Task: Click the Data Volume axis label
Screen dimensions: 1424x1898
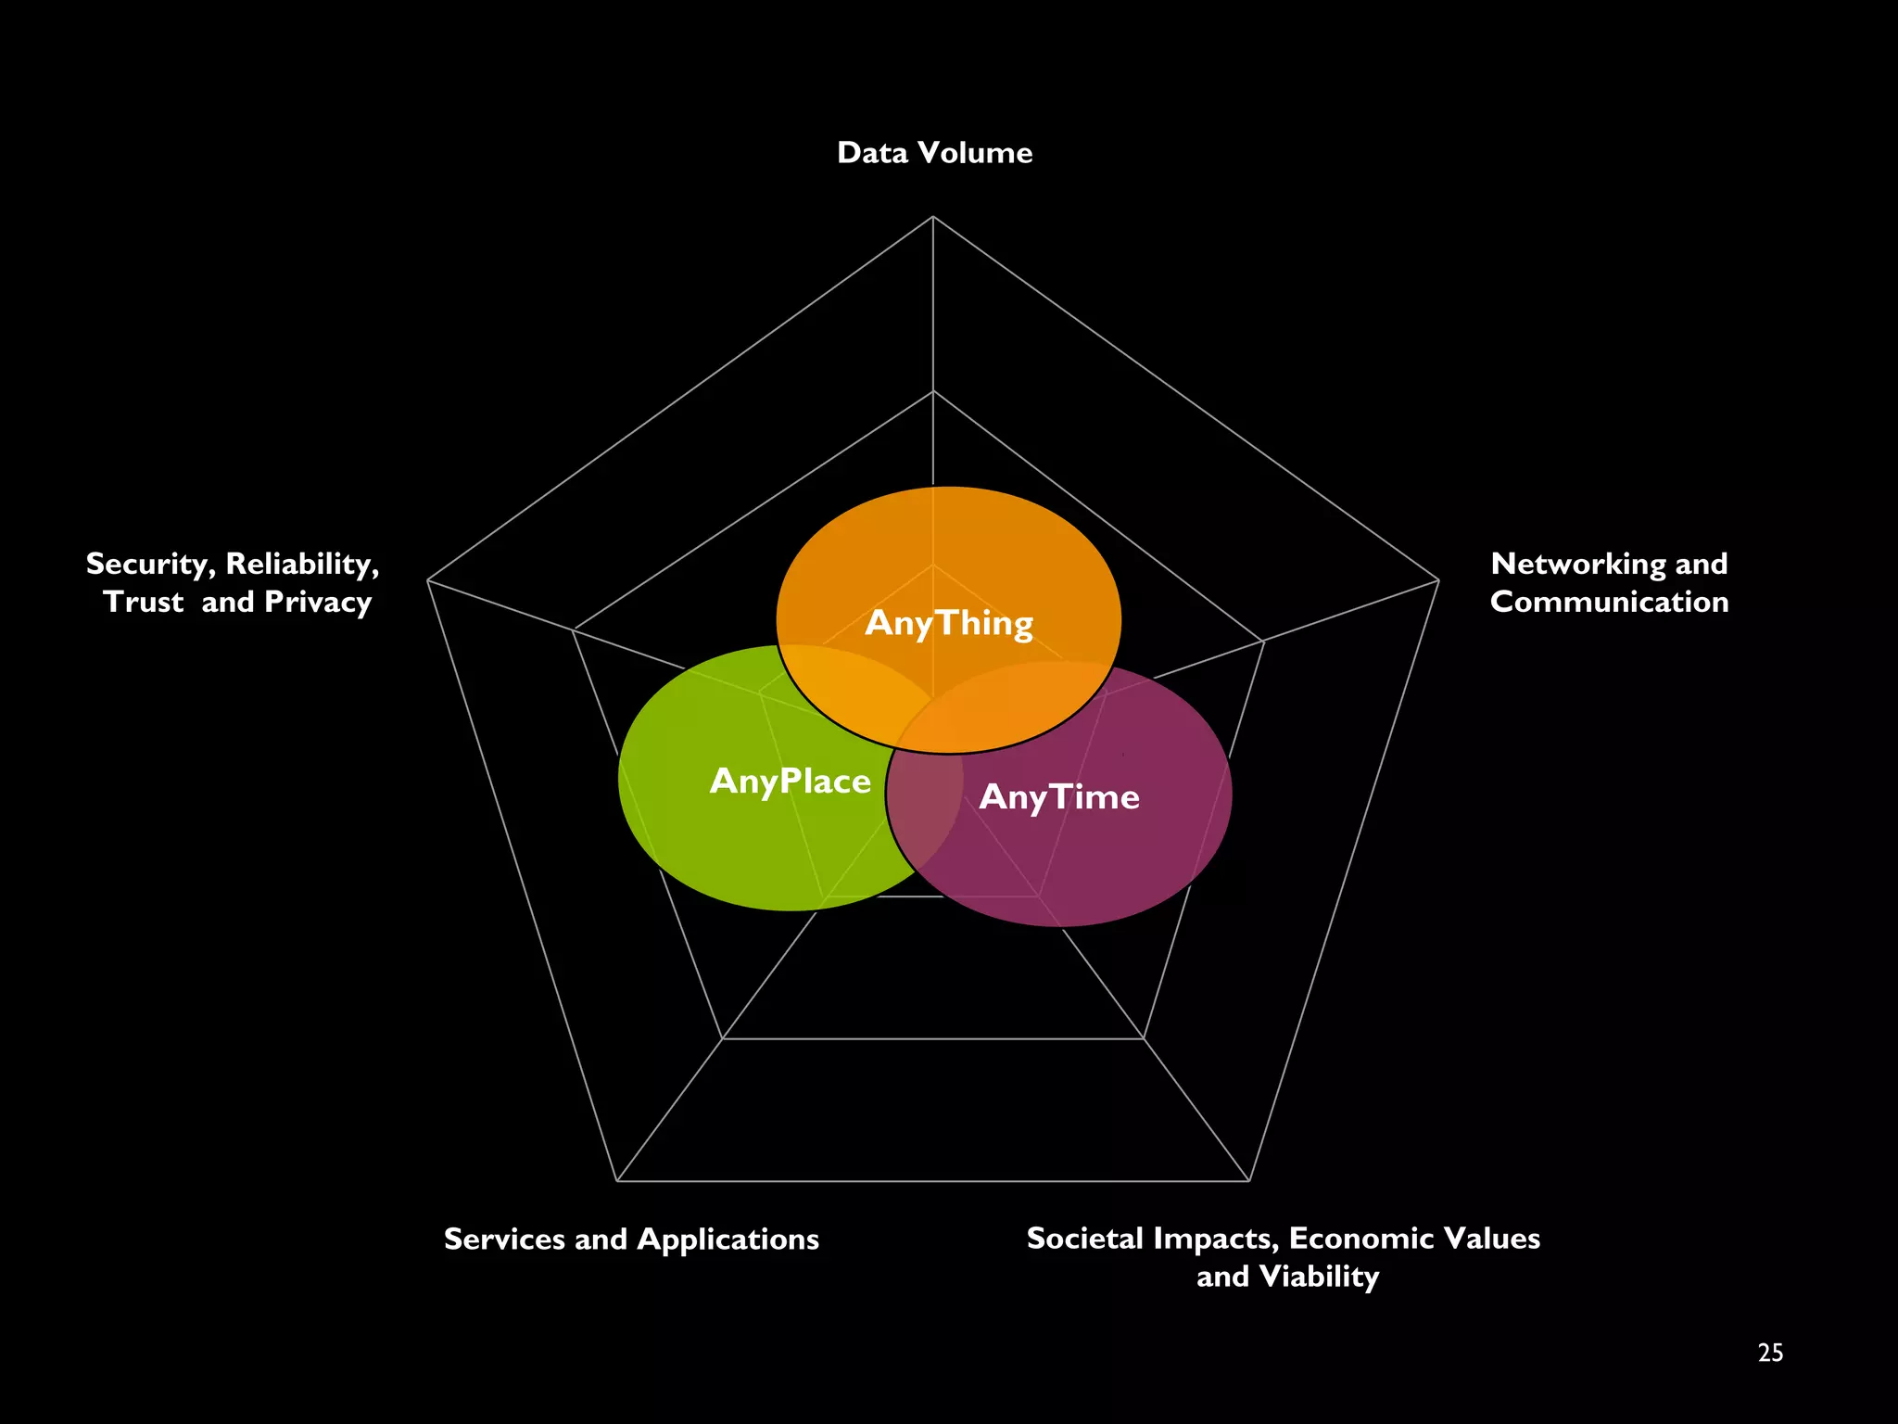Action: (934, 153)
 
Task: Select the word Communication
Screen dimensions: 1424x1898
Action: (1609, 602)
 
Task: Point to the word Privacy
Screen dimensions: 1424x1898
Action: (318, 603)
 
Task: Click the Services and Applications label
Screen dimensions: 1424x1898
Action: (631, 1240)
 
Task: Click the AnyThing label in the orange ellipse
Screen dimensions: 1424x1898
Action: (949, 623)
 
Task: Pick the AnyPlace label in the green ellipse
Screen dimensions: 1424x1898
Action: (791, 782)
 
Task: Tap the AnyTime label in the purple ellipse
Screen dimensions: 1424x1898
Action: (1059, 797)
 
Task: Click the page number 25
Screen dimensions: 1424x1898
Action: (1770, 1354)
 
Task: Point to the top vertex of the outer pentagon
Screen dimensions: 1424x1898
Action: (933, 216)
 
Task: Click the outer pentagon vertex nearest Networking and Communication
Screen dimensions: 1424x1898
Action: (1438, 581)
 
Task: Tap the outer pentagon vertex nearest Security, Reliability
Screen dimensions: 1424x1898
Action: (427, 581)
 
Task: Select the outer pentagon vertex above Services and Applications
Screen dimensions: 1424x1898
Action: (617, 1181)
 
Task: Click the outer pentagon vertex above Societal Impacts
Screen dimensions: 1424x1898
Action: (1249, 1181)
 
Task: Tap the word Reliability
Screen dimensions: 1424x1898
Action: (302, 564)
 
